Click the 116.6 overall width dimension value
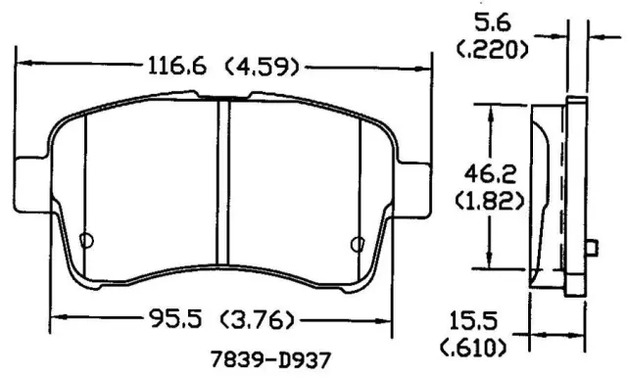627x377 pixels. click(177, 66)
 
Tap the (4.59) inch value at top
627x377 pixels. click(263, 67)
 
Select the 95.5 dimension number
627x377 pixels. click(175, 319)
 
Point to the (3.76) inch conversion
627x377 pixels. click(257, 320)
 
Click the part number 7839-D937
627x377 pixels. click(270, 359)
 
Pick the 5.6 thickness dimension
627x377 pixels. click(493, 22)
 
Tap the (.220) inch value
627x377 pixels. click(492, 50)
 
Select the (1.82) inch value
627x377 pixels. click(490, 201)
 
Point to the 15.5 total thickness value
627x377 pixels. click(473, 320)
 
